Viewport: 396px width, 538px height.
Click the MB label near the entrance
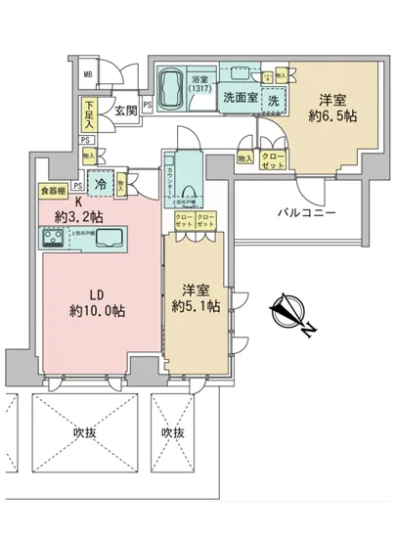pyautogui.click(x=88, y=75)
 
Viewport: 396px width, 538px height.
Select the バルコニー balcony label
pyautogui.click(x=305, y=212)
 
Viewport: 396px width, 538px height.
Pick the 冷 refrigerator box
pyautogui.click(x=99, y=181)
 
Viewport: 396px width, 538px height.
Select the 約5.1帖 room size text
pyautogui.click(x=198, y=306)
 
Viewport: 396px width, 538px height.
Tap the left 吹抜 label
pyautogui.click(x=71, y=431)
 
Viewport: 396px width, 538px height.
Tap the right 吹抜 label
pyautogui.click(x=173, y=431)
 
